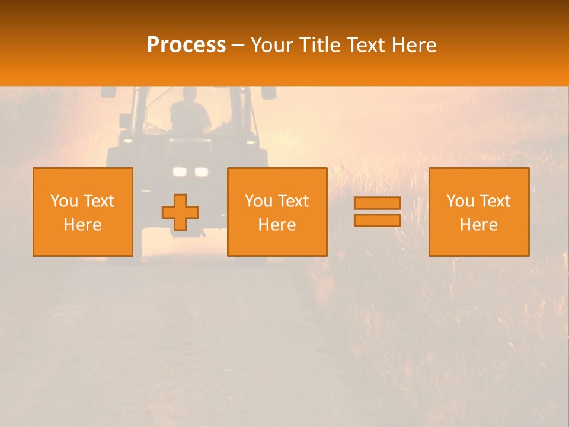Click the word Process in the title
[186, 45]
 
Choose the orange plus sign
[180, 212]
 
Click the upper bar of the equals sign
[377, 203]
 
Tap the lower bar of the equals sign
[377, 220]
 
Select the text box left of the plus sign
[83, 212]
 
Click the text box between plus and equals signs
[277, 212]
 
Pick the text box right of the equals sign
[479, 212]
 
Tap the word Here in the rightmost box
[479, 225]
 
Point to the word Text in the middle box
[295, 201]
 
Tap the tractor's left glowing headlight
[179, 172]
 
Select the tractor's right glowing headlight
[202, 172]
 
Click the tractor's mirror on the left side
[108, 93]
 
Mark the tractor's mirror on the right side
[268, 93]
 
